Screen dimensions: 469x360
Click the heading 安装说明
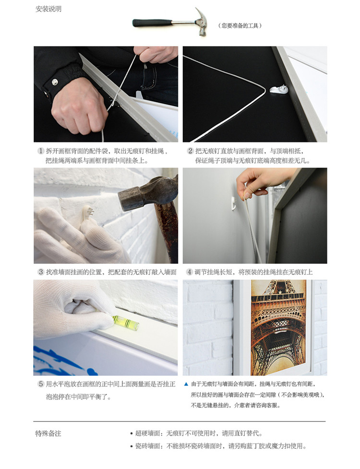coord(48,9)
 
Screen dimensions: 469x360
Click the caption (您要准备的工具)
coord(240,26)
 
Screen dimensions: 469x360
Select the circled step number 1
coord(41,151)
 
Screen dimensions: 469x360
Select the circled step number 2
coord(191,151)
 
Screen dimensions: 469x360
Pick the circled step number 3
coord(41,272)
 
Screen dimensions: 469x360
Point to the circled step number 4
coord(190,272)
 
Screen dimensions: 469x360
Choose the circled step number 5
coord(41,384)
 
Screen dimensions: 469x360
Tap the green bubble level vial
coord(126,322)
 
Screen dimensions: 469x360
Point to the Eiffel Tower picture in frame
coord(278,326)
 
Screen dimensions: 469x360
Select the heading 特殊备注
coord(48,434)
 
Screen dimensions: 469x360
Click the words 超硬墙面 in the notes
coord(148,434)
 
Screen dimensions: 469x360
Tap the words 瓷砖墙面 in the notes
coord(148,446)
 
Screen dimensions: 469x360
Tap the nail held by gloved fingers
coord(88,213)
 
